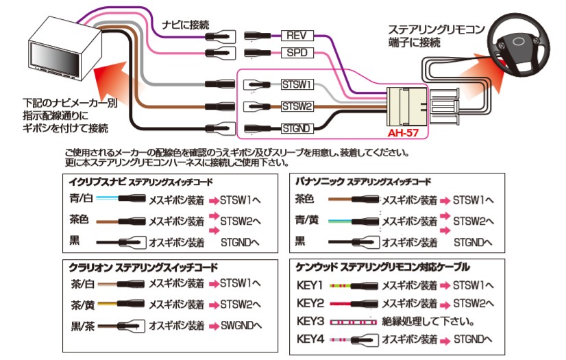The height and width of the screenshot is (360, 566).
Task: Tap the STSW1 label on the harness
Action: (297, 85)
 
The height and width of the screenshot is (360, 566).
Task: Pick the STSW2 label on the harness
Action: (297, 106)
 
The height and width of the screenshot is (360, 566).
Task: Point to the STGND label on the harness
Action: (297, 128)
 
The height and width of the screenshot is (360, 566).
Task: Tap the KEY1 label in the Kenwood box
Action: (310, 285)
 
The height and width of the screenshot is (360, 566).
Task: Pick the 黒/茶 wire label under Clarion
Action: (81, 325)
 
